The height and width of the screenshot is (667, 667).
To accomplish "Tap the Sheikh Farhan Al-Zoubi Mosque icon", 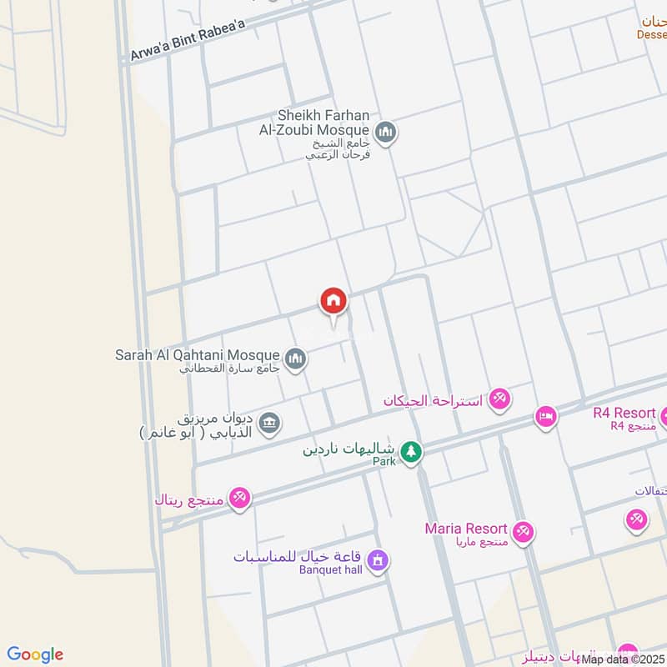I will point(385,132).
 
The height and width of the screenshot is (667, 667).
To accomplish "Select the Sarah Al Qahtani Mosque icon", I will point(295,359).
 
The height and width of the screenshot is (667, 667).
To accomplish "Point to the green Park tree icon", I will point(410,453).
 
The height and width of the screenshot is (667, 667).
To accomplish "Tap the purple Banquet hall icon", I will point(378,561).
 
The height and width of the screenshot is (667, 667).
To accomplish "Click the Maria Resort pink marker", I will point(524,532).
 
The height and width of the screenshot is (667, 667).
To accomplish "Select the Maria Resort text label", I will point(466,529).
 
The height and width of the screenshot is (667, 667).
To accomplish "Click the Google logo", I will point(36,654).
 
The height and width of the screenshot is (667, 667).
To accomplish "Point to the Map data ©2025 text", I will point(623,659).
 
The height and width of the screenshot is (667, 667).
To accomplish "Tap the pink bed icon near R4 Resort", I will point(546,416).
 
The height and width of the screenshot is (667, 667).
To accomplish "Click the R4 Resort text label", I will point(624,412).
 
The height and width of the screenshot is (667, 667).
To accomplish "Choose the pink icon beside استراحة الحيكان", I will point(499,400).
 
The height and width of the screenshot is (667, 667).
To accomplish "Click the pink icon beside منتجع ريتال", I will point(239,498).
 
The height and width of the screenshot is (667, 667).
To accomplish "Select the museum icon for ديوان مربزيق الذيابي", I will point(269,423).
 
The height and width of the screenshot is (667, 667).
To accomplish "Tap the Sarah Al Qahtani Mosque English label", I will point(198,355).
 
